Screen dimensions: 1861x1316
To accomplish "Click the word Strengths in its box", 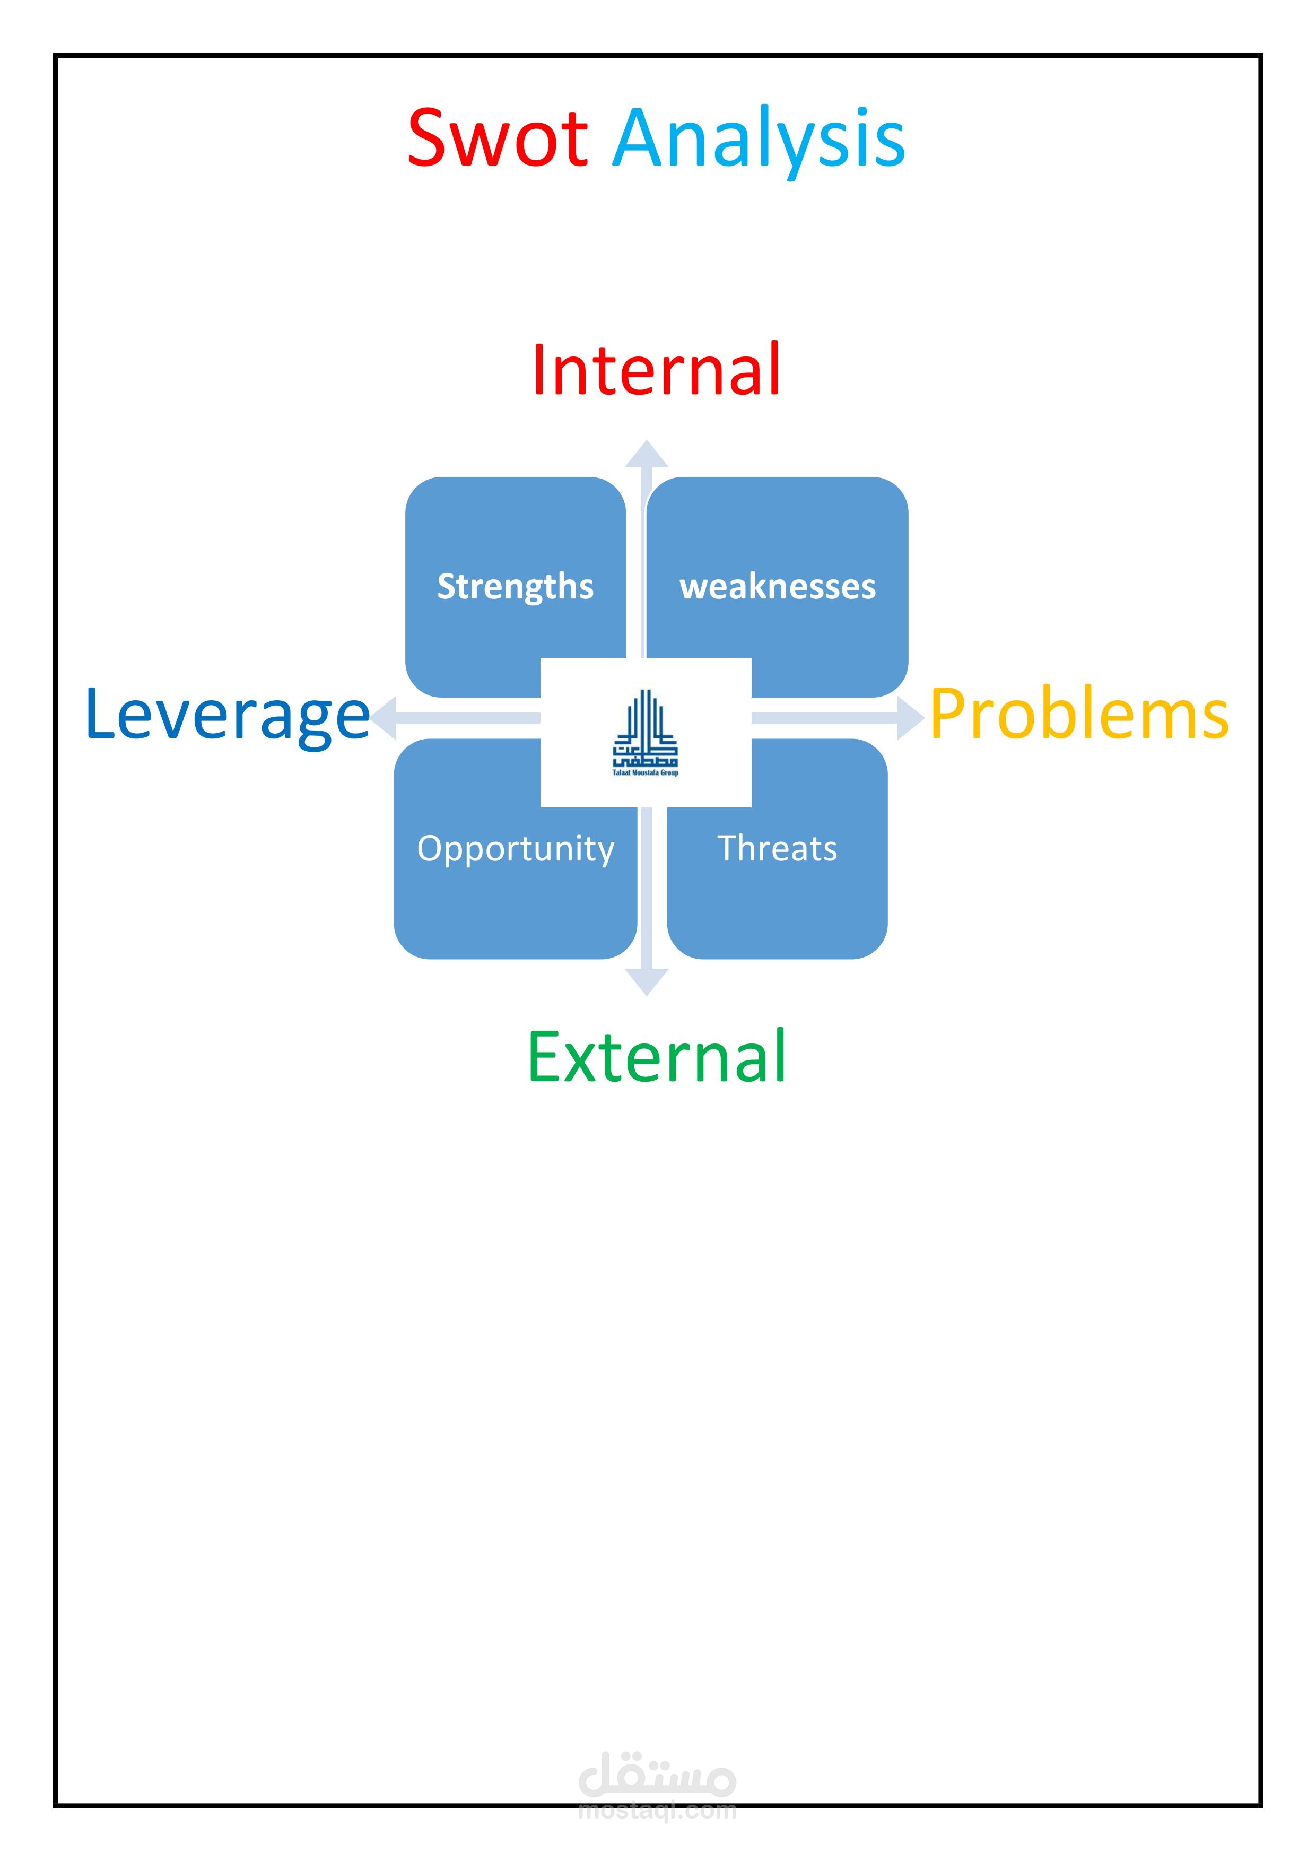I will tap(516, 586).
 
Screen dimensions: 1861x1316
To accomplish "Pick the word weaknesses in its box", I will tap(777, 586).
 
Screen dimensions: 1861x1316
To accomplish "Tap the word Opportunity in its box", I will tap(516, 849).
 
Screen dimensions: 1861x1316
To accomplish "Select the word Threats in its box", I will tap(777, 849).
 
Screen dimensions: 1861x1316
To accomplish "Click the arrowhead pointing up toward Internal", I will tap(647, 456).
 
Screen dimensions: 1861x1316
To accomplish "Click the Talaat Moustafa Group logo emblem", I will tap(645, 728).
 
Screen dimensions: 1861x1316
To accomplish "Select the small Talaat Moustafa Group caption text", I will tap(645, 772).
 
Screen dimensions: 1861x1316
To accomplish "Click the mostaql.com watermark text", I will tap(657, 1811).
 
